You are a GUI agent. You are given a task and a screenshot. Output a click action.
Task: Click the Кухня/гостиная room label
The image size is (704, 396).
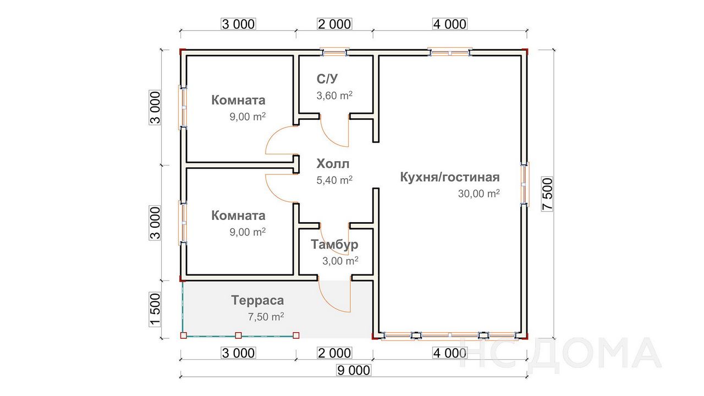point(450,177)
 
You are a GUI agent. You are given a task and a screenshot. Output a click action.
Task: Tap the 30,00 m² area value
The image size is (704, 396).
point(479,194)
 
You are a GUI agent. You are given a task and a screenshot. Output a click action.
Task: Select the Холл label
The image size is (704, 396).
point(333,164)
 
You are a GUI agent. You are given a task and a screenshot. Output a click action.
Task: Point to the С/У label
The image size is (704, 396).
point(327,79)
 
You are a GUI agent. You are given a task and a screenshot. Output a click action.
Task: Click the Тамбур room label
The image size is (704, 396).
point(334,245)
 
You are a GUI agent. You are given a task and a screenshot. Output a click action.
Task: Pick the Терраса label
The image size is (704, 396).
point(257,300)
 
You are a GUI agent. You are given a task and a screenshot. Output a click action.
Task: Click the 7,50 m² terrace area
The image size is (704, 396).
point(266,316)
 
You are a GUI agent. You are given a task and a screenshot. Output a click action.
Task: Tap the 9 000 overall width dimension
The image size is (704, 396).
point(354,370)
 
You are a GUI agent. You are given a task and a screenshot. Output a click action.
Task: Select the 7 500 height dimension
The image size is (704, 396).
point(547,194)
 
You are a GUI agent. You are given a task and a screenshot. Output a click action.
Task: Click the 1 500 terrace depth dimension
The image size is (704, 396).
point(155,310)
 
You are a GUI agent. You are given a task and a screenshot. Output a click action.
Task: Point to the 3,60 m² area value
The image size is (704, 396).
point(334,95)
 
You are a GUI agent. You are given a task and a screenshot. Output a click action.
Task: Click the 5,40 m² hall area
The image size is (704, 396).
point(334,180)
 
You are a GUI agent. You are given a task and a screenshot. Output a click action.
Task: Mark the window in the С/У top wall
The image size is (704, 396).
point(335,52)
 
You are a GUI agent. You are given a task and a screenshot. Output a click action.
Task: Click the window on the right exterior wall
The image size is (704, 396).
point(524,184)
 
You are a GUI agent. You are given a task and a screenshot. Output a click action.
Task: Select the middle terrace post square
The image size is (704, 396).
point(238,335)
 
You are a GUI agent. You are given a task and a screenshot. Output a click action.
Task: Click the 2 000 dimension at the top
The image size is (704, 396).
point(334,24)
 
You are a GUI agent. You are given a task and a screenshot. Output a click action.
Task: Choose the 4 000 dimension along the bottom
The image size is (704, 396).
point(450,353)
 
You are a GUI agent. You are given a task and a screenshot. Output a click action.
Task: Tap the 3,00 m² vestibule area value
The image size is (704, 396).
point(340,261)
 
